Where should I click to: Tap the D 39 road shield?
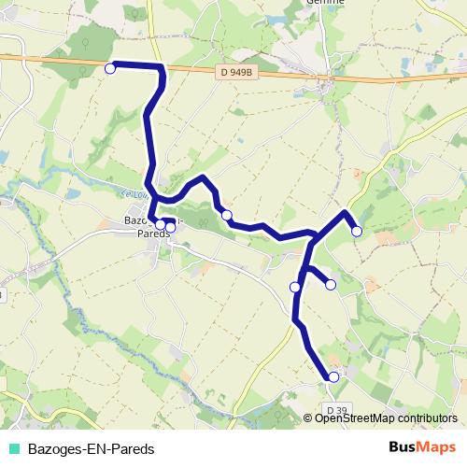pyautogui.click(x=338, y=409)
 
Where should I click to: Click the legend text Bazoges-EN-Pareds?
pyautogui.click(x=91, y=447)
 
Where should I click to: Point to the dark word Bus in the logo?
pyautogui.click(x=404, y=447)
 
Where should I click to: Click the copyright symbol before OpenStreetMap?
pyautogui.click(x=309, y=417)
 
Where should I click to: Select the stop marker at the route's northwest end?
pyautogui.click(x=110, y=67)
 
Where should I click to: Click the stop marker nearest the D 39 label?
pyautogui.click(x=333, y=376)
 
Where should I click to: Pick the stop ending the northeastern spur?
pyautogui.click(x=356, y=231)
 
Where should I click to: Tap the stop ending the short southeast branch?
pyautogui.click(x=330, y=284)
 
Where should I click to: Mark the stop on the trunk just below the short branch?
pyautogui.click(x=295, y=287)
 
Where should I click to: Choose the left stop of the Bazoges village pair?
pyautogui.click(x=161, y=223)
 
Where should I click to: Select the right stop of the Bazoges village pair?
pyautogui.click(x=170, y=227)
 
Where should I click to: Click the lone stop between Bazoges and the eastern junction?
pyautogui.click(x=227, y=215)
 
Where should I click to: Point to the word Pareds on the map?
pyautogui.click(x=153, y=234)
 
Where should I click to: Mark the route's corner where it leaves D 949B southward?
pyautogui.click(x=163, y=68)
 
